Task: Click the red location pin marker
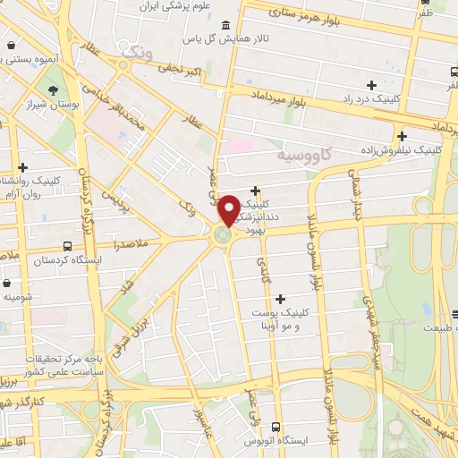tap(229, 210)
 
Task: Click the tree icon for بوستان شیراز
tap(54, 90)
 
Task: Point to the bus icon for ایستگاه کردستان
tap(68, 245)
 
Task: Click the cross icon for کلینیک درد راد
tap(370, 84)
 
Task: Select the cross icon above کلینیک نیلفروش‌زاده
tap(402, 136)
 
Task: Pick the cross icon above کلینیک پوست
tap(281, 299)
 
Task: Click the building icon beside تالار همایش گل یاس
tap(222, 24)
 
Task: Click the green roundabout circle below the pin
tap(222, 235)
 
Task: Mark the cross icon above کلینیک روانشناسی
tap(22, 166)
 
